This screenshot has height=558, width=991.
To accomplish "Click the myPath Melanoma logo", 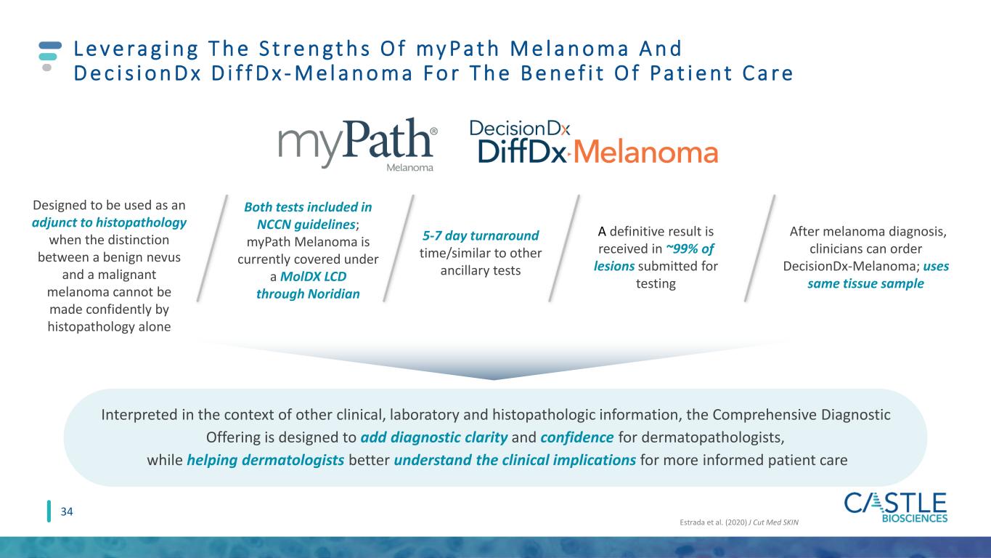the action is click(x=357, y=145).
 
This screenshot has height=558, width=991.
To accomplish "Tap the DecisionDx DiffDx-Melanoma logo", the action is click(x=593, y=142).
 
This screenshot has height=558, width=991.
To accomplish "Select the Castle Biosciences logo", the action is click(x=895, y=508).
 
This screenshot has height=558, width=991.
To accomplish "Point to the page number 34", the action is click(x=67, y=511).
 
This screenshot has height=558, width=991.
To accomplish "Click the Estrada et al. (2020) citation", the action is click(x=739, y=522).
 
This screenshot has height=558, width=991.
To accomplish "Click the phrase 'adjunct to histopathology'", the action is click(x=109, y=222).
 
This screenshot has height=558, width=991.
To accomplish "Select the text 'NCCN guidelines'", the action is click(x=306, y=225).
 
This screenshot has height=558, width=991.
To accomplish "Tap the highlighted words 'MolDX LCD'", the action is click(x=313, y=276).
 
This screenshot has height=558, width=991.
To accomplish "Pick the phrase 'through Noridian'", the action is click(x=308, y=294).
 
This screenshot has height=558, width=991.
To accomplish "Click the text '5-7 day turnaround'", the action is click(x=481, y=235).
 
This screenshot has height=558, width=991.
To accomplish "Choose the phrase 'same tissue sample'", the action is click(x=866, y=283).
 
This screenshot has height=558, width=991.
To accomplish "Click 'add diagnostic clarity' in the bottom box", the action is click(x=434, y=437).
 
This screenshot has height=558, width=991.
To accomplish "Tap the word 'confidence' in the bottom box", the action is click(x=577, y=437).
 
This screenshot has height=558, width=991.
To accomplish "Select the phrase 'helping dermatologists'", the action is click(x=266, y=460).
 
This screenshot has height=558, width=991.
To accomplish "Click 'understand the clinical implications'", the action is click(x=515, y=460).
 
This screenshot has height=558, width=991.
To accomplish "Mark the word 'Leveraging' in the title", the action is click(x=136, y=49).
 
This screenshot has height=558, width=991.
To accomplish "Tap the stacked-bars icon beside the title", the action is click(x=49, y=56).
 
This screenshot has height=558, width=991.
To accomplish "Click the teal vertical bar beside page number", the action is click(x=49, y=511).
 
